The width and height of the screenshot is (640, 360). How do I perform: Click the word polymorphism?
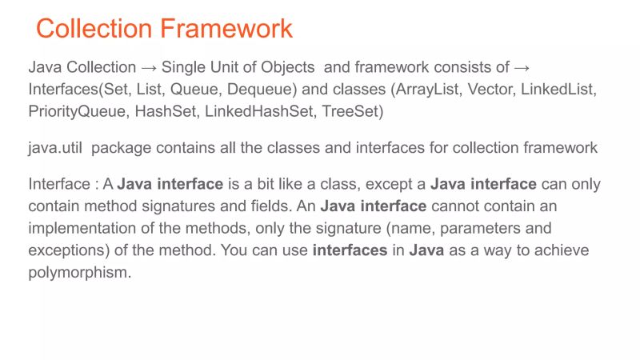[78, 272]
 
